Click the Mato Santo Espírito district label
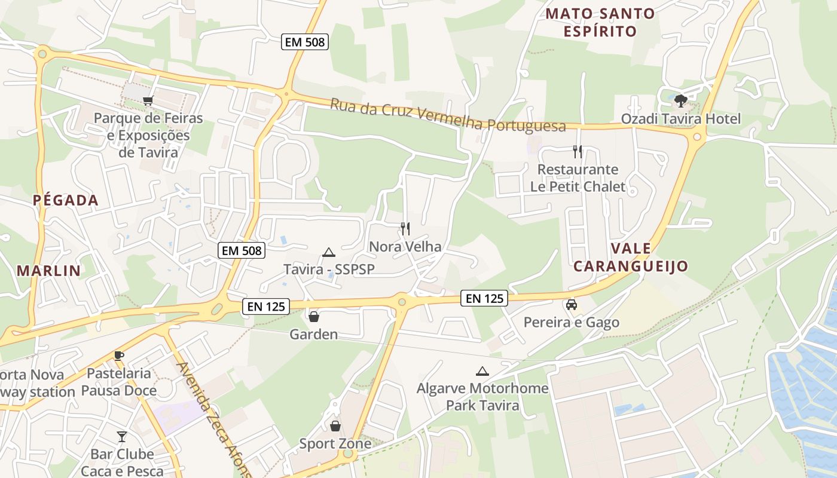[x=600, y=22]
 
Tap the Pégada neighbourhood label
[x=66, y=200]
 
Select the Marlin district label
[x=48, y=271]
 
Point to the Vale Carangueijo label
[x=631, y=258]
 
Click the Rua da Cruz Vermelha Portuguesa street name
[x=448, y=115]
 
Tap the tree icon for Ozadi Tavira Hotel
[x=680, y=100]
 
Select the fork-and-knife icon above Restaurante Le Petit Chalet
[x=577, y=151]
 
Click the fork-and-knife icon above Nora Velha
[x=405, y=228]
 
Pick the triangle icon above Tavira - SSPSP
[x=328, y=252]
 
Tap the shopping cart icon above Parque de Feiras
[x=148, y=100]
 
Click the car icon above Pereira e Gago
[x=571, y=305]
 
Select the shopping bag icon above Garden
[x=313, y=316]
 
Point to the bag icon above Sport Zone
[x=335, y=425]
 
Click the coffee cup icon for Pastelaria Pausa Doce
[x=119, y=356]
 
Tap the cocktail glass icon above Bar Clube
[x=122, y=436]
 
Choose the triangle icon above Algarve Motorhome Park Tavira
[x=482, y=371]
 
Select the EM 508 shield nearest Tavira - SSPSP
[x=242, y=250]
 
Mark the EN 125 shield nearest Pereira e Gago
[x=484, y=298]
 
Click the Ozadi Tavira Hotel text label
[x=680, y=119]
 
